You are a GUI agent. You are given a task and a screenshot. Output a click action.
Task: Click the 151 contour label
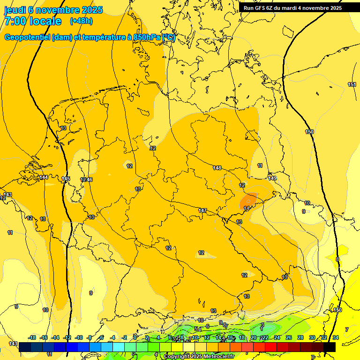coord(352,84)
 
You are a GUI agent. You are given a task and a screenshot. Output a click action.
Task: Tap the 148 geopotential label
coord(217,168)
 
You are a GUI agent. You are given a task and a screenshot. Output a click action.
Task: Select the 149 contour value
coord(272,178)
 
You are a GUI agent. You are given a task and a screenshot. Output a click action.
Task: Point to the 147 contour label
coord(202,210)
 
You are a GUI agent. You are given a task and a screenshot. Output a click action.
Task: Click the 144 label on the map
coord(44,177)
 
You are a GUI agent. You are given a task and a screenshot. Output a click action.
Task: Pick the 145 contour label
coord(66,179)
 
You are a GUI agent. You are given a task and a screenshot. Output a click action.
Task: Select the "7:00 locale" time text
coord(33,21)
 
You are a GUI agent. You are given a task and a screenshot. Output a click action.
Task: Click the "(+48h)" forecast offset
coord(81,21)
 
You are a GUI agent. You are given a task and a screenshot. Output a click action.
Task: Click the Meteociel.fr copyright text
coord(199,357)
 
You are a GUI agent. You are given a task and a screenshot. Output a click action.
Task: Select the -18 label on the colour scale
coord(32,337)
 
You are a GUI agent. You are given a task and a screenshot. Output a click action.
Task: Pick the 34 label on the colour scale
coord(335,337)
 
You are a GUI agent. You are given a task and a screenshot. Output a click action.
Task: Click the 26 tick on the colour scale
coord(288,337)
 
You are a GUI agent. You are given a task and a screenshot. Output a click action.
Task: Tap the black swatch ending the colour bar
coord(330,347)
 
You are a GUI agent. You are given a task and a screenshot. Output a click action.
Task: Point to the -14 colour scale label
coord(56,337)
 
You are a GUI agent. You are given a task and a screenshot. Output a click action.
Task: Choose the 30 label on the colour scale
coord(312,337)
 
